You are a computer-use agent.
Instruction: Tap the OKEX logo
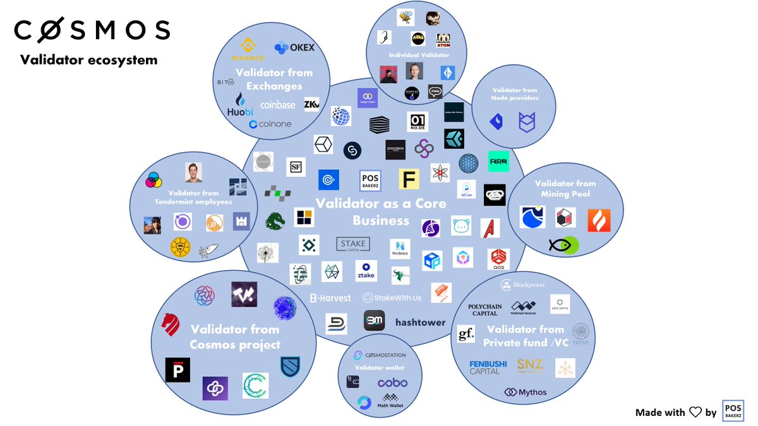click(294, 47)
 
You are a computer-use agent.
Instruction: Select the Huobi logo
click(239, 105)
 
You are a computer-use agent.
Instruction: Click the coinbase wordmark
click(277, 105)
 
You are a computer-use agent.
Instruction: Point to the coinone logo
click(270, 124)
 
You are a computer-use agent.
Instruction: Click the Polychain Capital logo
click(484, 309)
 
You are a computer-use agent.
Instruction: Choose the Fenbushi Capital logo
click(484, 367)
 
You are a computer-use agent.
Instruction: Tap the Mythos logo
click(526, 393)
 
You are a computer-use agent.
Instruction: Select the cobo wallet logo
click(392, 382)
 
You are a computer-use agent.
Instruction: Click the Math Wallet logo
click(391, 401)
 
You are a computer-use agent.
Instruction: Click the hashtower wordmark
click(420, 322)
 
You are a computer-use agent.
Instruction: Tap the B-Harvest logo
click(330, 297)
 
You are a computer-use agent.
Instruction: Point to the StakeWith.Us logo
click(392, 297)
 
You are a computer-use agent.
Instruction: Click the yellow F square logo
click(409, 179)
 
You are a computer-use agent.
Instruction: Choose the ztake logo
click(366, 271)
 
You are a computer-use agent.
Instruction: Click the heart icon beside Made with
click(695, 412)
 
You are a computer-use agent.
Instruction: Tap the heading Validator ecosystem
click(88, 61)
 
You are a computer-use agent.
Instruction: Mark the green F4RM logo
click(498, 162)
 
